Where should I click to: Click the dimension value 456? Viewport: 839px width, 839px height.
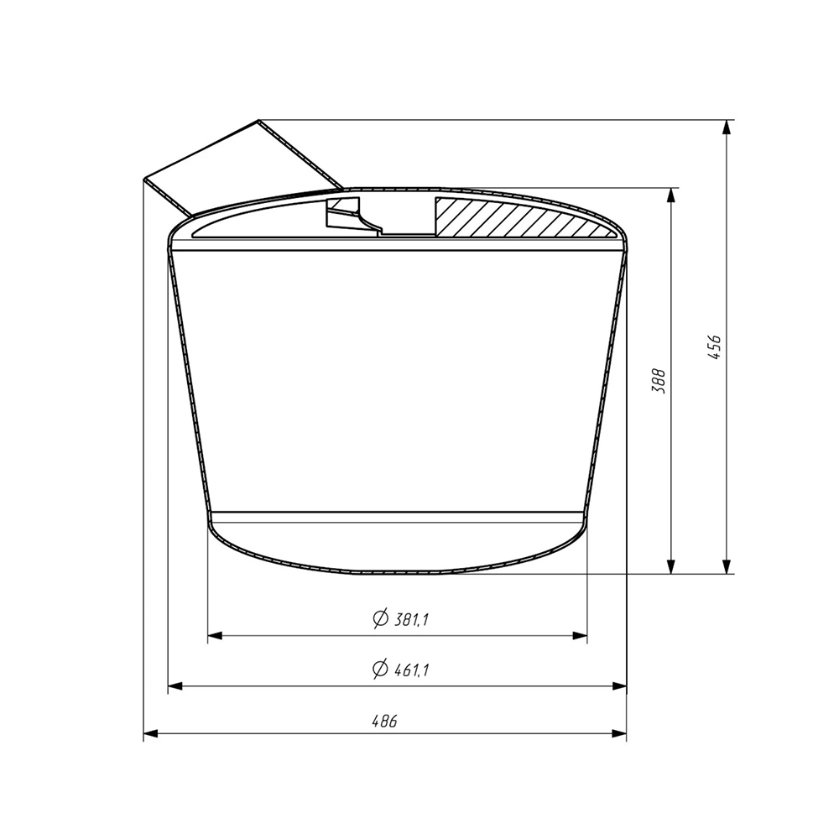(714, 347)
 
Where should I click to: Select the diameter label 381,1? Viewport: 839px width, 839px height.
(411, 620)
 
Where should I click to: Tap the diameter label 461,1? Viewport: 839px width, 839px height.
(411, 670)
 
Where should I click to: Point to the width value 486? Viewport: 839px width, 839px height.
(385, 722)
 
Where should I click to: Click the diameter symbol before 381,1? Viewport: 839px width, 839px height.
(380, 619)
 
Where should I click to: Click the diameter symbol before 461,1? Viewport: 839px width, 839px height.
(380, 669)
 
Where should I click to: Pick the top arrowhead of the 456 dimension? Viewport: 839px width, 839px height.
(726, 127)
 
